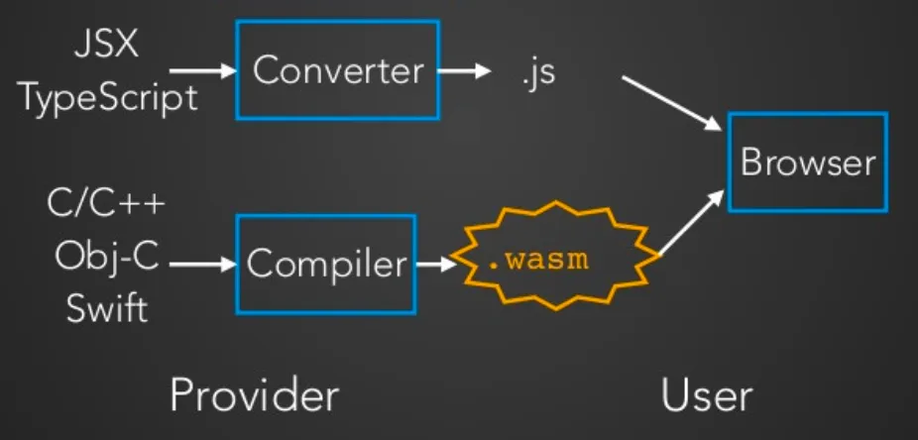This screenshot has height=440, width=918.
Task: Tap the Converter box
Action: (337, 69)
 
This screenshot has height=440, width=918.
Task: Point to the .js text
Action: (536, 73)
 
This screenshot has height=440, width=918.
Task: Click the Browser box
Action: (807, 162)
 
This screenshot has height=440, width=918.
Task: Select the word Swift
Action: (107, 309)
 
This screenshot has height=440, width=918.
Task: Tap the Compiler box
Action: (326, 264)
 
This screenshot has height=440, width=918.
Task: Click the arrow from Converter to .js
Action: (464, 71)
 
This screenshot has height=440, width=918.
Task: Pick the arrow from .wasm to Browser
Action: (691, 223)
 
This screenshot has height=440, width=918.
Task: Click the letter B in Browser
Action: (750, 163)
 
